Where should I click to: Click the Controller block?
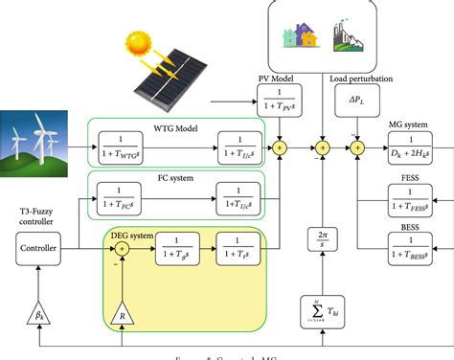(38, 250)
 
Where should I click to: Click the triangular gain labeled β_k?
(37, 311)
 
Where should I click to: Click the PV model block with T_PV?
(280, 101)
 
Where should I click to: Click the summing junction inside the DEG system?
(123, 250)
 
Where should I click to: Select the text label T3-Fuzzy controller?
(38, 215)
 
